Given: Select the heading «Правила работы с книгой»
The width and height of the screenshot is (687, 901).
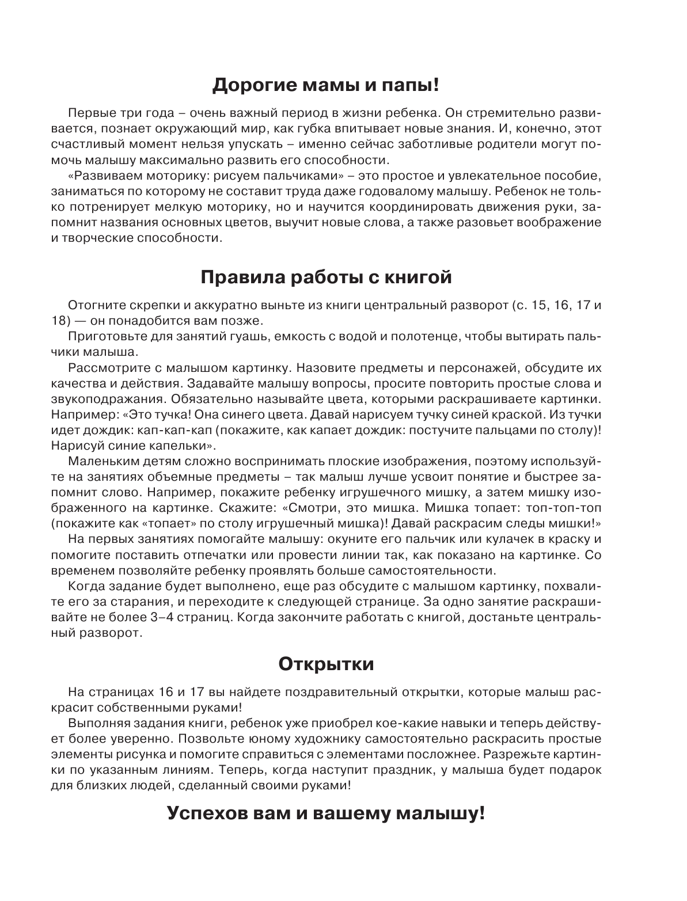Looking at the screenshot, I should tap(326, 277).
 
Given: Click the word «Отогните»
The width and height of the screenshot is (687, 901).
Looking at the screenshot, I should tap(92, 305).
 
